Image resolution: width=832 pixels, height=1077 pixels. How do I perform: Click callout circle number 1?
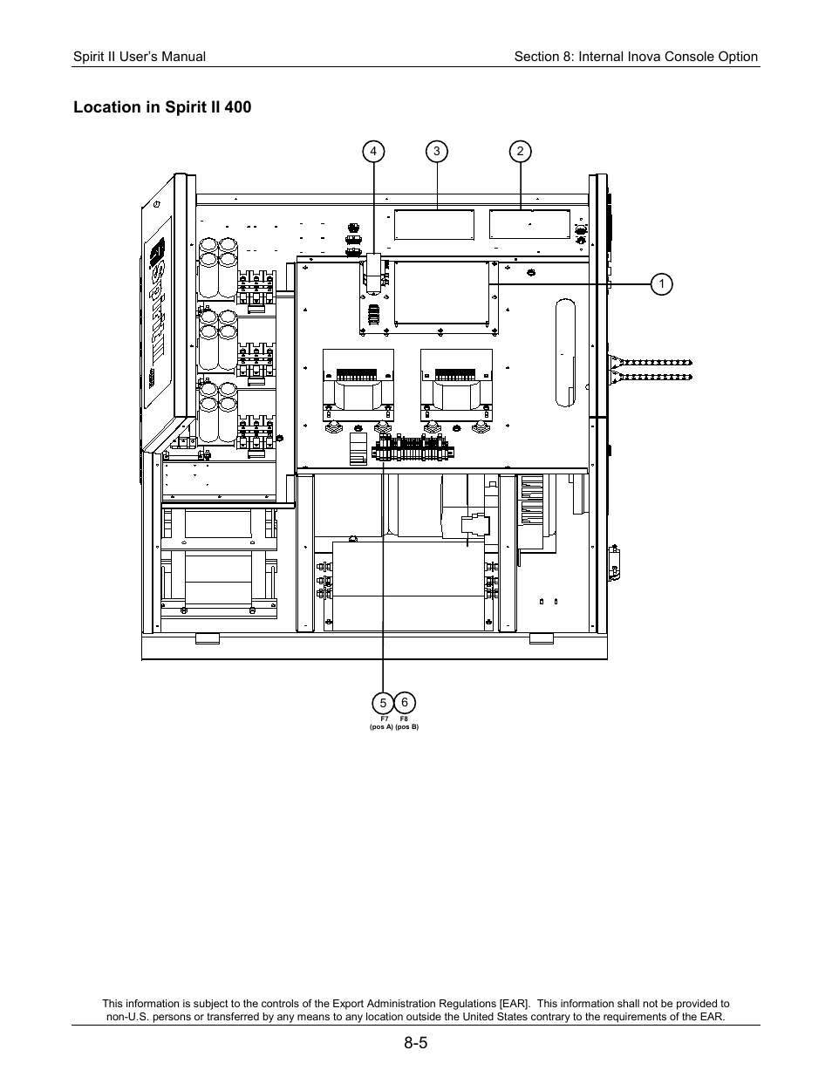(x=662, y=283)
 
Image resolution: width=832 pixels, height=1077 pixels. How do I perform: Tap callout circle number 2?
(x=520, y=151)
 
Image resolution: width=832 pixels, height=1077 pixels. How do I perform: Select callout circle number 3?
(x=436, y=151)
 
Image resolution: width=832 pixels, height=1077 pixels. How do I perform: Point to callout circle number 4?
(x=373, y=151)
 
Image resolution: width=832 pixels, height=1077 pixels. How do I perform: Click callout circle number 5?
(x=382, y=703)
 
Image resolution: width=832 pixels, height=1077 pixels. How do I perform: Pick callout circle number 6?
(x=405, y=702)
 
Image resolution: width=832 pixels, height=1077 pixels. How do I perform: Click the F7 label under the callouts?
(x=384, y=719)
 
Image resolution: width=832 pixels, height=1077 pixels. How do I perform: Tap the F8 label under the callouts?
(x=404, y=719)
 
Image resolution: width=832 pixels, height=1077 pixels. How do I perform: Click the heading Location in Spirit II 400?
(x=162, y=107)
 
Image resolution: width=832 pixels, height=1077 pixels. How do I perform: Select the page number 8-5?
(x=416, y=1042)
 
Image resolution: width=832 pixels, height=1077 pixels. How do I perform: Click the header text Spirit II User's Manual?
(x=140, y=57)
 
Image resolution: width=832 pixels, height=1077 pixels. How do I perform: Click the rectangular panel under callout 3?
(x=434, y=224)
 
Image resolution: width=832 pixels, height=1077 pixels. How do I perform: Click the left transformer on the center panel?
(x=358, y=384)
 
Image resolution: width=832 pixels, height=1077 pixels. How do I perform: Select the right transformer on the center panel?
(x=455, y=384)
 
